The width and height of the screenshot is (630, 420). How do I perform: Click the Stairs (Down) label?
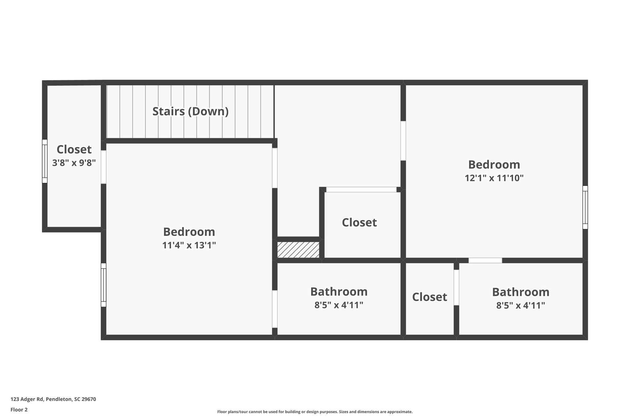coord(190,111)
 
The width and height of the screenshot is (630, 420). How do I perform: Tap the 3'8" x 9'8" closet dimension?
coord(74,163)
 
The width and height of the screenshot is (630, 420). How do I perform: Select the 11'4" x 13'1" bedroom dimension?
coord(189,245)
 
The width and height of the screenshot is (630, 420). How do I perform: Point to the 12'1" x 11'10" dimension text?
coord(494,178)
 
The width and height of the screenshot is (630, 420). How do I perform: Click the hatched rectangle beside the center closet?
coord(298,250)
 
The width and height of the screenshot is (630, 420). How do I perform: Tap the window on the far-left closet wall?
coord(45,161)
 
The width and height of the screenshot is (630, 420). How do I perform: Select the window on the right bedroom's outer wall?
coord(585,207)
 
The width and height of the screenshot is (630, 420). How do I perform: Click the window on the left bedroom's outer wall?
coord(104,285)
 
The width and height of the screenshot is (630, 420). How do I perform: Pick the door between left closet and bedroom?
coord(104,167)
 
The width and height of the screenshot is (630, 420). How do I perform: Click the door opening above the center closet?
coord(361,190)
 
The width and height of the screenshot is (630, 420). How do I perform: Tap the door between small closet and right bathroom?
coord(457,287)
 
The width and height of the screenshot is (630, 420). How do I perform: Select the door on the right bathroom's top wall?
coord(485,260)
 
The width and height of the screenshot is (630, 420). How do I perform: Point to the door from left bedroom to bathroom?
coord(275,309)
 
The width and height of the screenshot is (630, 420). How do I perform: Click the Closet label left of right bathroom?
coord(429,297)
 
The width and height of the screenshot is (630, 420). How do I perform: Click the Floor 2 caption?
coord(19,410)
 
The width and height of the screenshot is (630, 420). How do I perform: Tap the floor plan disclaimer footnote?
coord(315,412)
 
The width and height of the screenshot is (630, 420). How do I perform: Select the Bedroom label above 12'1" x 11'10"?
coord(494,165)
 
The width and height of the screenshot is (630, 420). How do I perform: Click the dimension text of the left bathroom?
coord(339,305)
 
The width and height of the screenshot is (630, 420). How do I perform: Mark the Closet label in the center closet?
coord(359,222)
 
